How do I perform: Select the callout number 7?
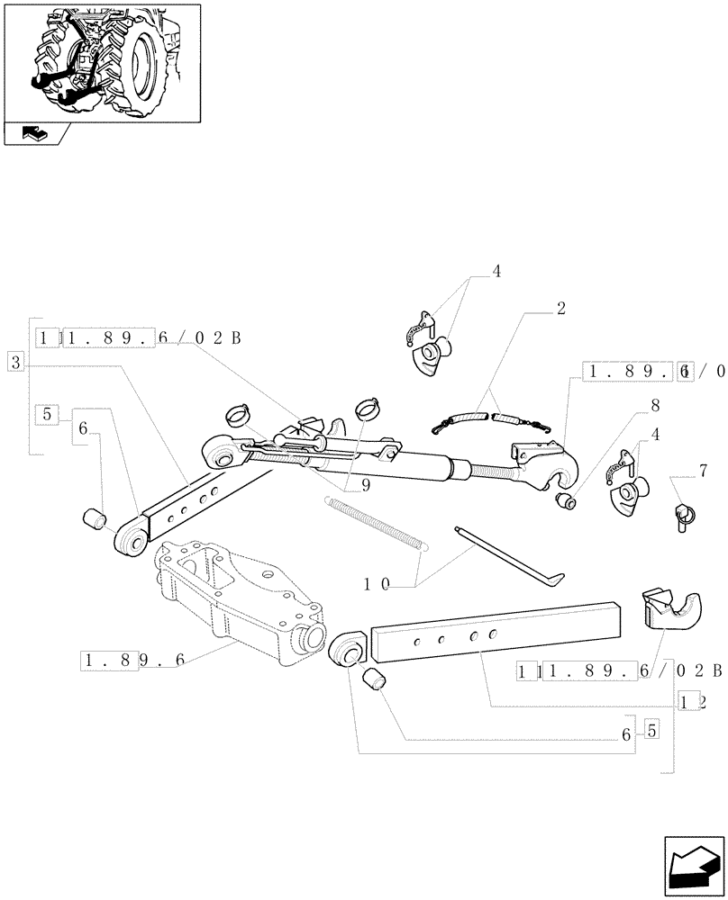(x=703, y=471)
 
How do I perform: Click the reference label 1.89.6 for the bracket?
(x=132, y=661)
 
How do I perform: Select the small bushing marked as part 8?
(x=566, y=500)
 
